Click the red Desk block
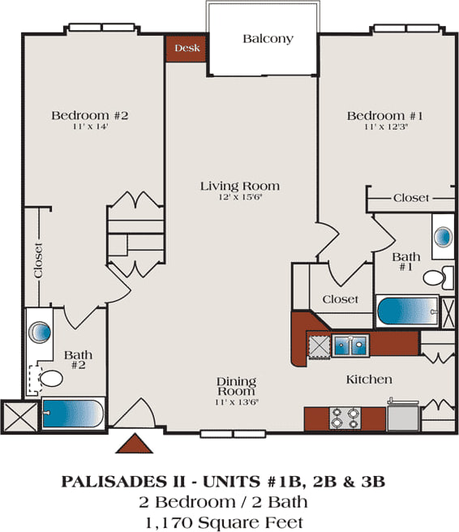click(x=187, y=48)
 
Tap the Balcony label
click(x=268, y=39)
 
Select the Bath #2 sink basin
click(x=40, y=331)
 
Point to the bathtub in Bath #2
click(x=73, y=414)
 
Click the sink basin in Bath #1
click(x=444, y=236)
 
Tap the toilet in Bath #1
click(x=438, y=278)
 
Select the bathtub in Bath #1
click(x=407, y=311)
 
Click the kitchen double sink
click(x=350, y=345)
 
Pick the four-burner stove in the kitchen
click(x=345, y=418)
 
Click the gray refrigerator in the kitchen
click(x=403, y=417)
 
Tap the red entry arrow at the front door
click(x=135, y=443)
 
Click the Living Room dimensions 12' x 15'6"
click(x=240, y=197)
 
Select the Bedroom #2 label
click(x=90, y=115)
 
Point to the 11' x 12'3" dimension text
click(x=386, y=127)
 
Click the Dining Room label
click(x=237, y=387)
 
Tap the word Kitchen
click(x=369, y=380)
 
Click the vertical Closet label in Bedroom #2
click(x=38, y=260)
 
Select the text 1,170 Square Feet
click(x=225, y=522)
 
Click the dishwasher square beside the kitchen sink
click(x=319, y=345)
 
